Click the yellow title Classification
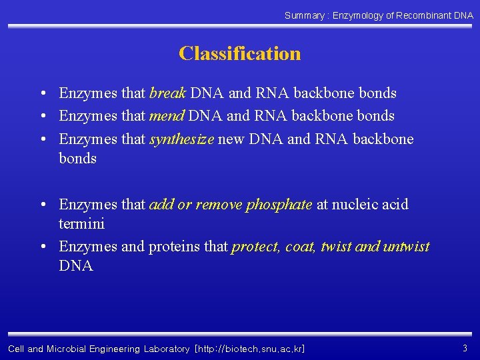tap(239, 53)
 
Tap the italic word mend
tap(167, 116)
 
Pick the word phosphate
tap(279, 205)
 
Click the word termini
tap(81, 224)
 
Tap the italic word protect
tap(255, 247)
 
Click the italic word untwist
tap(407, 247)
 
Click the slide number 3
tap(465, 348)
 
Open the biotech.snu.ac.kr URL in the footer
tap(249, 349)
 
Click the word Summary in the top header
tap(305, 15)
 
